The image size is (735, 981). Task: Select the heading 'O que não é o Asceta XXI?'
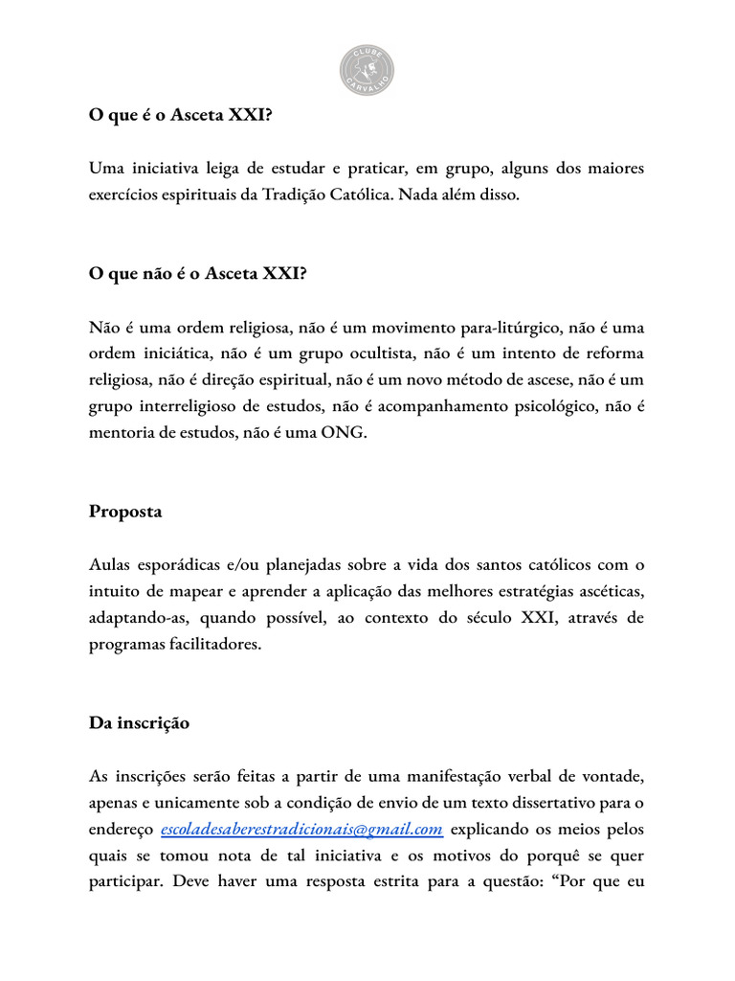(x=198, y=273)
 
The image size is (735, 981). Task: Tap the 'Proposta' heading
(x=125, y=511)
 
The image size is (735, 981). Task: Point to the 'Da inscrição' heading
(x=139, y=722)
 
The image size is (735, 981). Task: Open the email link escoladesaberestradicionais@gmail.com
(x=301, y=829)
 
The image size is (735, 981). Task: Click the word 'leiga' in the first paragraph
(x=224, y=169)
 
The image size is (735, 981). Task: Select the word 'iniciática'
(x=172, y=353)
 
